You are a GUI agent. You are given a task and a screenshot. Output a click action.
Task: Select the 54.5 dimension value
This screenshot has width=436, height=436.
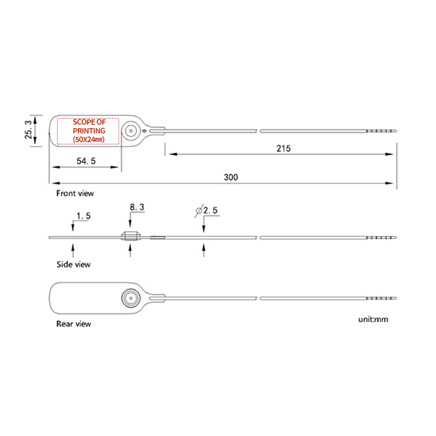pyautogui.click(x=86, y=161)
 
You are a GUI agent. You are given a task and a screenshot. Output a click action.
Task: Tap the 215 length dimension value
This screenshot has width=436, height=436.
pyautogui.click(x=283, y=148)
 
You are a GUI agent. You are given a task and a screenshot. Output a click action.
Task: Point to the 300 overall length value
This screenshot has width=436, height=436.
pyautogui.click(x=231, y=177)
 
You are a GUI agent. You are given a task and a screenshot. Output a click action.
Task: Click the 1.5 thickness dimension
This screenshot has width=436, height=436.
pyautogui.click(x=83, y=216)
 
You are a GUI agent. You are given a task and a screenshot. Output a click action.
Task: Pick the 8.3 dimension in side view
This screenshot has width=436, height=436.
pyautogui.click(x=136, y=208)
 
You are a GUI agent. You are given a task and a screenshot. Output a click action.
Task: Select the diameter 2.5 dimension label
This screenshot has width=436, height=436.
pyautogui.click(x=206, y=211)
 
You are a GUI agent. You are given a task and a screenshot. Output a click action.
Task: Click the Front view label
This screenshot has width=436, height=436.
pyautogui.click(x=75, y=193)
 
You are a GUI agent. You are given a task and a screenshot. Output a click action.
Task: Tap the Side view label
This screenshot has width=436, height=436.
pyautogui.click(x=73, y=264)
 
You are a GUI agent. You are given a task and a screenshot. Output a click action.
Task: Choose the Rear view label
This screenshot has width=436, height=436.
pyautogui.click(x=73, y=324)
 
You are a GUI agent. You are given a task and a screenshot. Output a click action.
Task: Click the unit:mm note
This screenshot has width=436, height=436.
pyautogui.click(x=373, y=319)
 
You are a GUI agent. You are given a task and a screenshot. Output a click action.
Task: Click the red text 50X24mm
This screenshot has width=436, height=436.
pyautogui.click(x=89, y=139)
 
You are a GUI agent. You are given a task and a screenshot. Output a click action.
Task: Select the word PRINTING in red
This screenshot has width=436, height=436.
pyautogui.click(x=89, y=131)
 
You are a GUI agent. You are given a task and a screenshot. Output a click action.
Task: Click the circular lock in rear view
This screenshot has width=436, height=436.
pyautogui.click(x=130, y=298)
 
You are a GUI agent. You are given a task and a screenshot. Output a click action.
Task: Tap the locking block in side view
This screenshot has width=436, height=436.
pyautogui.click(x=130, y=237)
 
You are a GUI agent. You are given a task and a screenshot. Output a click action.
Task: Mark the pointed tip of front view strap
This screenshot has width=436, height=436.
pyautogui.click(x=395, y=130)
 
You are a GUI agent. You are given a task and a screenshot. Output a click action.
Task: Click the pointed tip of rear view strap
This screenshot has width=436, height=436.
pyautogui.click(x=395, y=298)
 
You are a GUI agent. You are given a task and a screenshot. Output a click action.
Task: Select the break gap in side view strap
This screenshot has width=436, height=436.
pyautogui.click(x=258, y=237)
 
